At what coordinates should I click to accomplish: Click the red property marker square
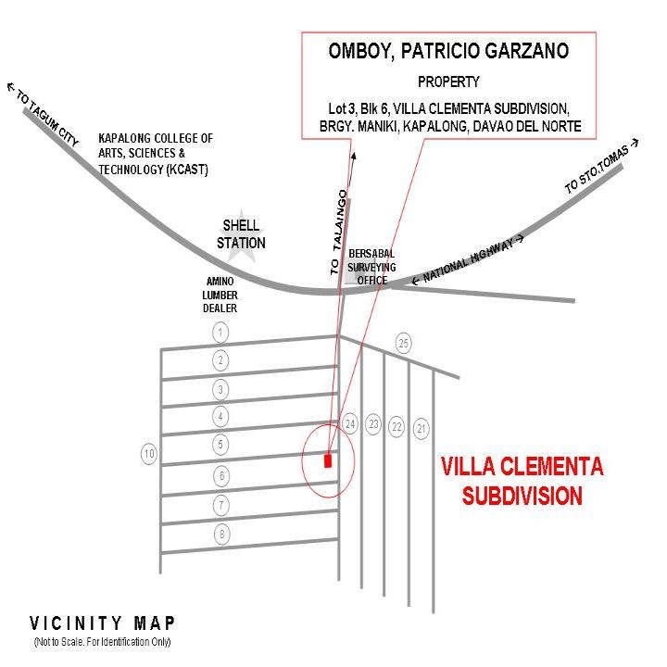click(328, 460)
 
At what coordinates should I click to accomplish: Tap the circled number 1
click(220, 333)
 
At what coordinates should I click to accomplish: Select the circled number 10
click(149, 454)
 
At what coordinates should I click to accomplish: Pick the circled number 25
click(404, 343)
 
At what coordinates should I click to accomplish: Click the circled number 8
click(221, 535)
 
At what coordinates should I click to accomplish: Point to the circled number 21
click(422, 429)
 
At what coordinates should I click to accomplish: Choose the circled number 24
click(350, 423)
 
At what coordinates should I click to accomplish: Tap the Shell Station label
click(241, 234)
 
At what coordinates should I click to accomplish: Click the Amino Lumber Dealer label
click(220, 295)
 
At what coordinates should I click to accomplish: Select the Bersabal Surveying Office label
click(371, 267)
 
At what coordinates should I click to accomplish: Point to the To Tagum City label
click(43, 114)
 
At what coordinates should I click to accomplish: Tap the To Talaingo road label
click(339, 233)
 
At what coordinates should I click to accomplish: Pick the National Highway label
click(468, 259)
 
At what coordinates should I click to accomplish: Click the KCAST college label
click(156, 154)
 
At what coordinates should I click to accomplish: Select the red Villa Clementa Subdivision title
click(522, 481)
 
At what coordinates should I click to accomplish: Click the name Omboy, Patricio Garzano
click(448, 51)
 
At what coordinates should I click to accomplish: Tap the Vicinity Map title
click(102, 623)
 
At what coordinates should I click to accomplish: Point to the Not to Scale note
click(102, 641)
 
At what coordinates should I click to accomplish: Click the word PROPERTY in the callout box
click(448, 82)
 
